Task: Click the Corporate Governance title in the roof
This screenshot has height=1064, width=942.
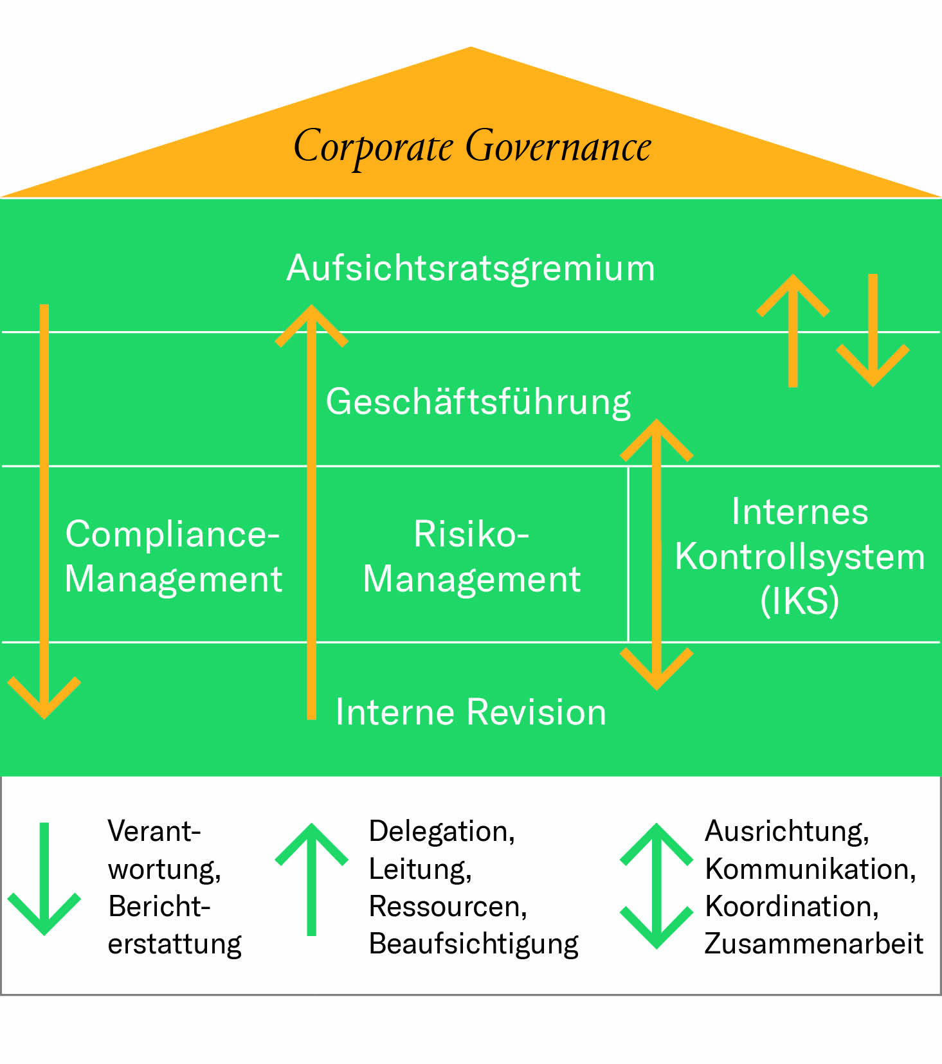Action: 472,147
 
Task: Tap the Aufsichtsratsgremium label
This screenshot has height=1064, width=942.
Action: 471,268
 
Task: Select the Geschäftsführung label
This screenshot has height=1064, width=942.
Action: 478,402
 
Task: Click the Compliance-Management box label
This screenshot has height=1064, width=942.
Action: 173,556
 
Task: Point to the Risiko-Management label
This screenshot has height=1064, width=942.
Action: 471,556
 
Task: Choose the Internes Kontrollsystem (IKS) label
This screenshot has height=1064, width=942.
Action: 799,556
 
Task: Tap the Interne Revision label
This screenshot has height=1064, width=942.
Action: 471,712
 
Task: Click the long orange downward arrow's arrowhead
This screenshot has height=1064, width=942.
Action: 44,701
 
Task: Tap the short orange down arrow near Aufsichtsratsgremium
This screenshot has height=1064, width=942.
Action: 873,331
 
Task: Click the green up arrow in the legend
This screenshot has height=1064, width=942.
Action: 312,878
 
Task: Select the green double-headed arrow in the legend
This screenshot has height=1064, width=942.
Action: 657,885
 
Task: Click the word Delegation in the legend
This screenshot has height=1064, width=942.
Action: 441,831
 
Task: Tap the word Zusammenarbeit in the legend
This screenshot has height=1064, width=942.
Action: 813,944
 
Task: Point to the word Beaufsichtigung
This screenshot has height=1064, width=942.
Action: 473,944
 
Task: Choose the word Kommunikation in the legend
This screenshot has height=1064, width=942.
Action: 810,869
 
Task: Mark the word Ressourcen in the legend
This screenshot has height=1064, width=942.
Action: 448,906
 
